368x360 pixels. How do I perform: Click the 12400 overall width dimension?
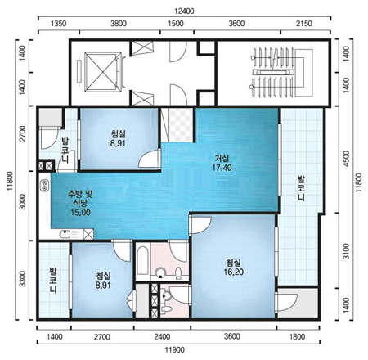[185, 11]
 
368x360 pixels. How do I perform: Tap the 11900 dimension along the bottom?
[174, 349]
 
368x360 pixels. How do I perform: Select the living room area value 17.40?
[222, 167]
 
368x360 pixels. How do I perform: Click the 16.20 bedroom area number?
[233, 272]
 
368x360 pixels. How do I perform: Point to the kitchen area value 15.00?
[80, 213]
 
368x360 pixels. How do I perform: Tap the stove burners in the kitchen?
[43, 186]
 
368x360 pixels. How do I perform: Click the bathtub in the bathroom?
[142, 261]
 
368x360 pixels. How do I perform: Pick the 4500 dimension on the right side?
[346, 159]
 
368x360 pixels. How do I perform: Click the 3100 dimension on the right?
[346, 251]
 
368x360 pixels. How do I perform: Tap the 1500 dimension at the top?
[176, 24]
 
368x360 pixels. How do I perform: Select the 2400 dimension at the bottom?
[162, 336]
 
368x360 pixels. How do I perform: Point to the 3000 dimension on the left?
[23, 202]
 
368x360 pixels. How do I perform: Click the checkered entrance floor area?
[181, 125]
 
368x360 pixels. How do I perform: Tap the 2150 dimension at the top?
[304, 24]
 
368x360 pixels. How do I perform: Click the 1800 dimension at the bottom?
[297, 336]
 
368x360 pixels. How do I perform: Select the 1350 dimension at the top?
[59, 24]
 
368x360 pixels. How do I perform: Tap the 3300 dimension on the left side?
[23, 279]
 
